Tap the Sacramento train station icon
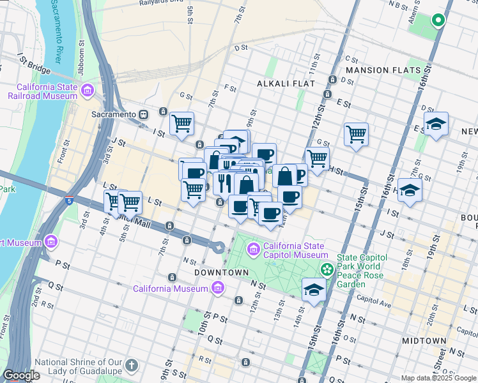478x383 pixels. pos(144,114)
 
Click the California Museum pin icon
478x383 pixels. pos(218,289)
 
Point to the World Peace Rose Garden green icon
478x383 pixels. pos(327,269)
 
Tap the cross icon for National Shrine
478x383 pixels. pos(132,366)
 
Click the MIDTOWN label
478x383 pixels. pos(428,341)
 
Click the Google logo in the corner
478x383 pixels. pos(21,375)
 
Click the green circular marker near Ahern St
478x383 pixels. pos(438,20)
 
